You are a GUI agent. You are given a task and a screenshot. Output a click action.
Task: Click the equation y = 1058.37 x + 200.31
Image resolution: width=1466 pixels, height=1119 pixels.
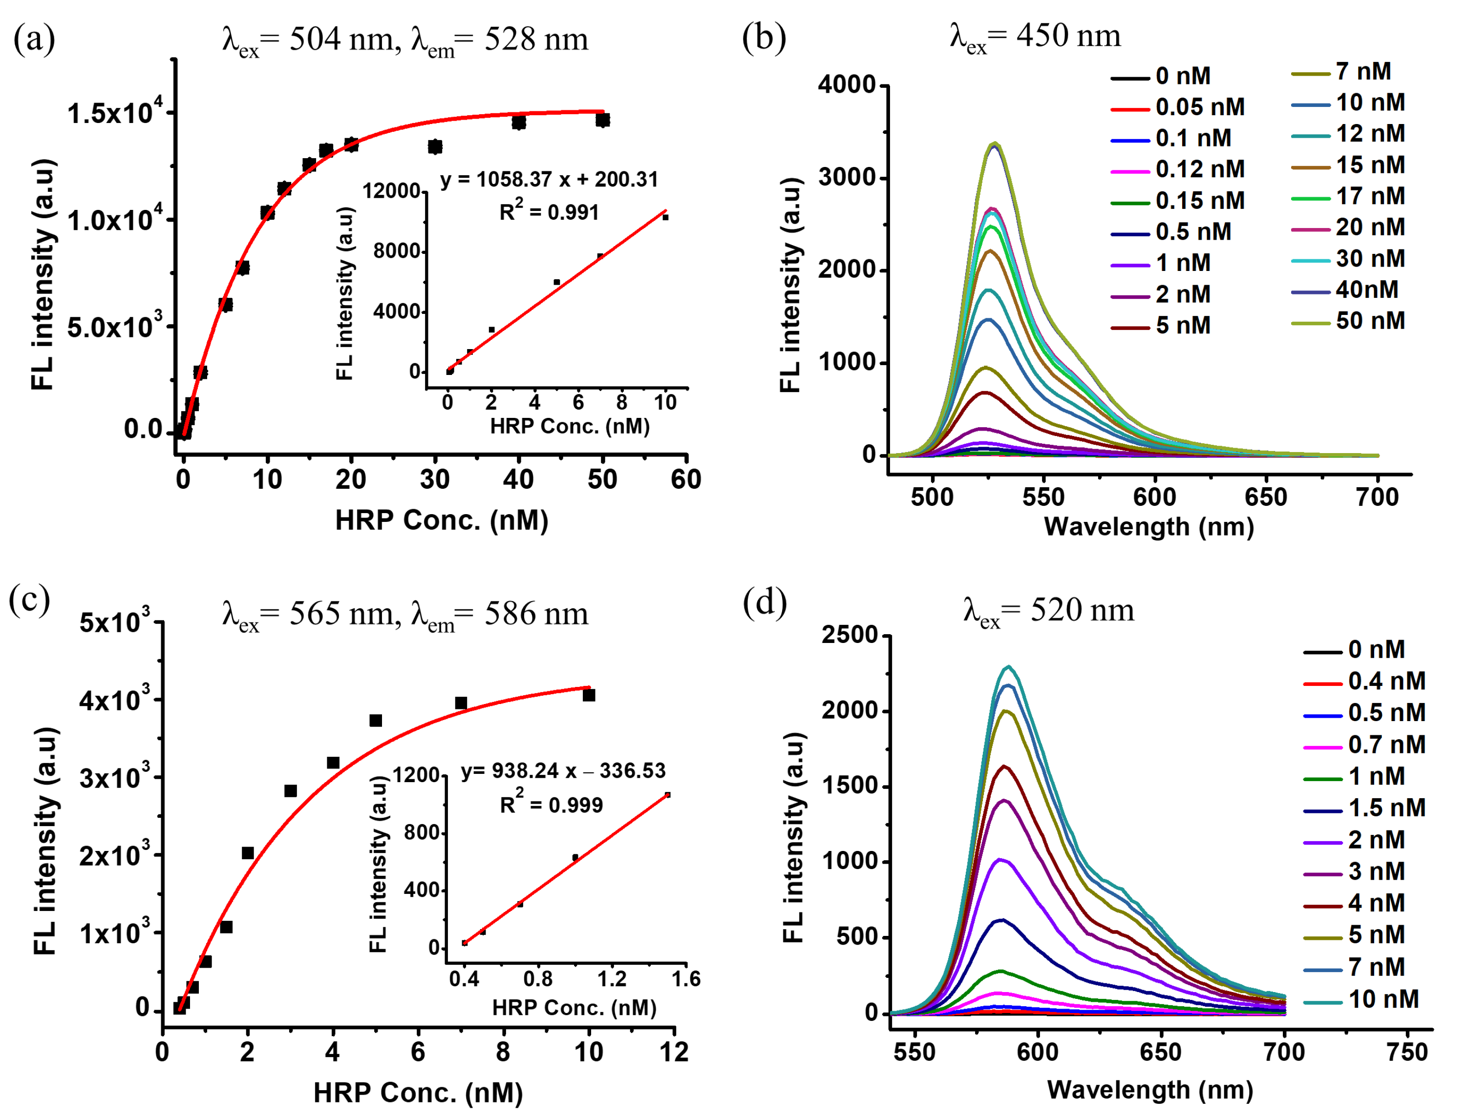tap(549, 180)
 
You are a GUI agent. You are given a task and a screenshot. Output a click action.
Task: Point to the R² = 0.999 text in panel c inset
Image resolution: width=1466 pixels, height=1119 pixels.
tap(551, 805)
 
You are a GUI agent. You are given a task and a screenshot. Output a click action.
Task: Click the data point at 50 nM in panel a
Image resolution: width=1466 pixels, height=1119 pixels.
tap(602, 120)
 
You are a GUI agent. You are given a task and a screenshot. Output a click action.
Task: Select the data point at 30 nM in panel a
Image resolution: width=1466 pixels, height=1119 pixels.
tap(435, 146)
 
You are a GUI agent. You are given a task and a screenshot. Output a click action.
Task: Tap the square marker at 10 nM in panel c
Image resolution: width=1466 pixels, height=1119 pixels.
tap(588, 695)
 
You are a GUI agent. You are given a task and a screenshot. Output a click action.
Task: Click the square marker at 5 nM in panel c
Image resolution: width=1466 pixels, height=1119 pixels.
tap(375, 721)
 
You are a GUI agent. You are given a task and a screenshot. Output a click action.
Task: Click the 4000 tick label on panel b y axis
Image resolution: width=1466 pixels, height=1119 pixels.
tap(846, 85)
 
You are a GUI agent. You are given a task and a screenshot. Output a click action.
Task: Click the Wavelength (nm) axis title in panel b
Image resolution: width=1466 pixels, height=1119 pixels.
tap(1149, 526)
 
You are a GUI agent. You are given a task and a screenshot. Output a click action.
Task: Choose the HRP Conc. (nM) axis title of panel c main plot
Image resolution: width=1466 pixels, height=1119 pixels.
tap(418, 1093)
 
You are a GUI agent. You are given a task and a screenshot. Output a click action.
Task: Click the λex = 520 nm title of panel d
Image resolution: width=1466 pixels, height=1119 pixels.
tap(1048, 610)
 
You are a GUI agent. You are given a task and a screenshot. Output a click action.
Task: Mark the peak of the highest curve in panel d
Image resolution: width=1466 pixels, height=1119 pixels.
tap(1009, 667)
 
